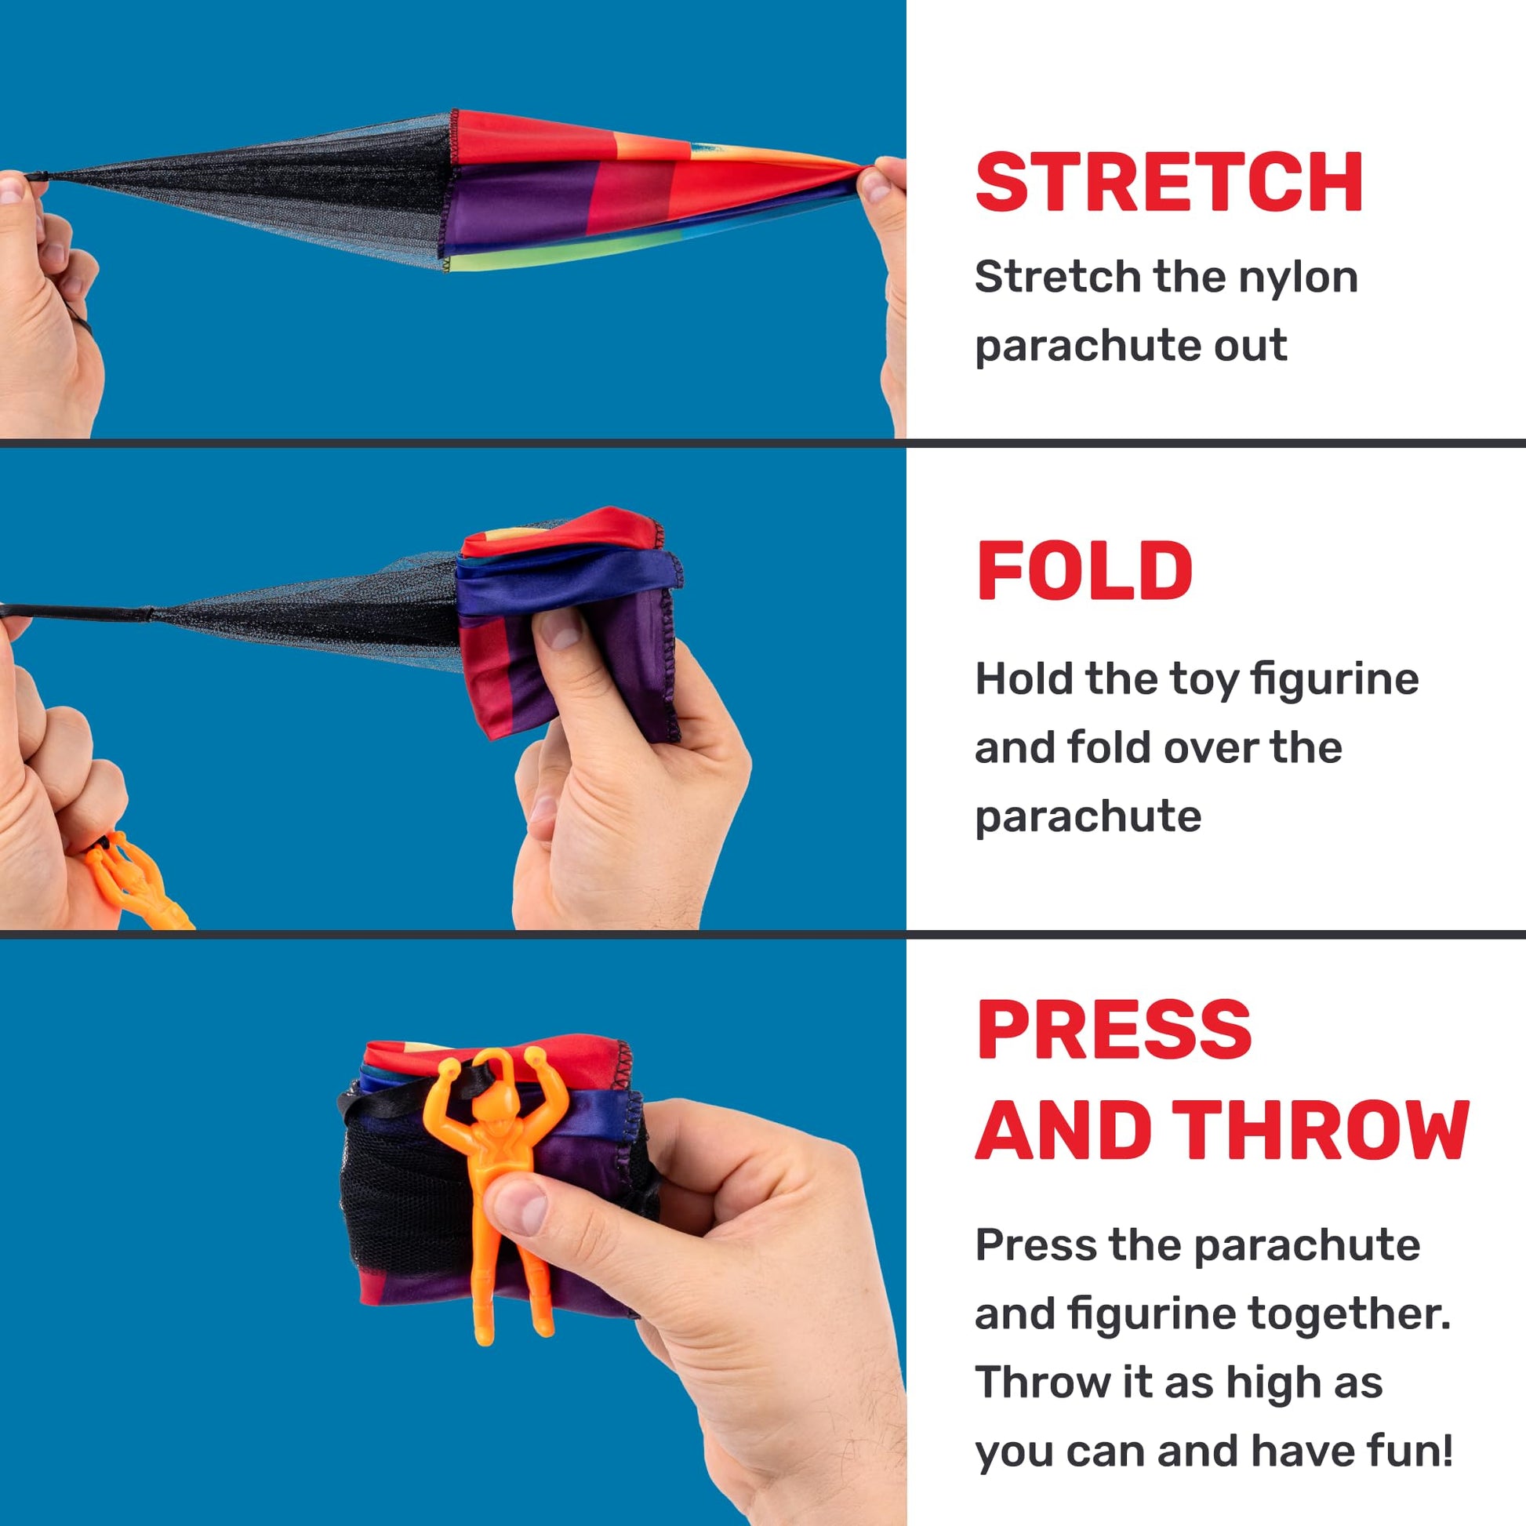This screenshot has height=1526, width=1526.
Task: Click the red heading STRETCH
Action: (1169, 183)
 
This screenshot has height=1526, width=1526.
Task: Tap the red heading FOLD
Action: (1085, 571)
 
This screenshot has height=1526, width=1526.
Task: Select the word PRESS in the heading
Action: (1114, 1029)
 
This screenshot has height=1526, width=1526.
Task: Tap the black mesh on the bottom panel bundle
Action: (403, 1208)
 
